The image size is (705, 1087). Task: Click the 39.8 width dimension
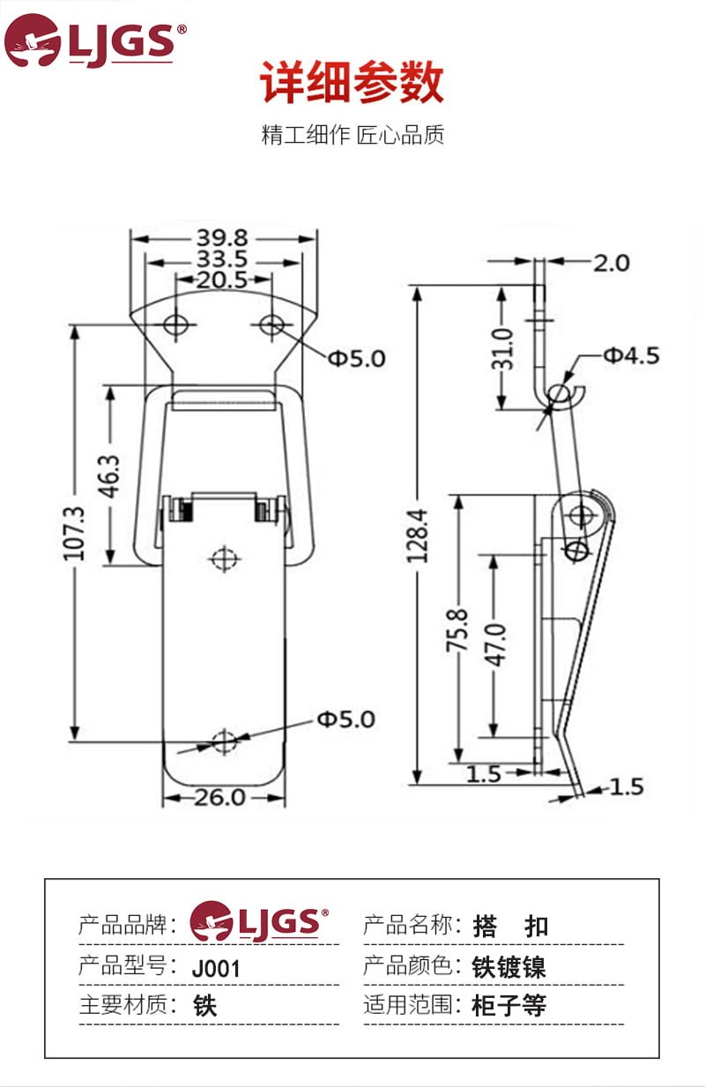click(x=222, y=238)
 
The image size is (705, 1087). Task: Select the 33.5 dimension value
click(x=222, y=260)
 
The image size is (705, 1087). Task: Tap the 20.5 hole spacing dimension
click(x=222, y=280)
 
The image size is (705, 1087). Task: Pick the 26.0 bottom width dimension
click(x=220, y=798)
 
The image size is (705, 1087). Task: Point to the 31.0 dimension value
click(x=502, y=349)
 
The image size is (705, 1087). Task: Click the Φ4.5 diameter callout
click(x=631, y=355)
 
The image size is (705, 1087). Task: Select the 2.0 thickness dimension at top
click(x=611, y=263)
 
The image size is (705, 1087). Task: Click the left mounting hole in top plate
click(x=175, y=325)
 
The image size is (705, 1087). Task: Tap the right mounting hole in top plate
click(x=271, y=325)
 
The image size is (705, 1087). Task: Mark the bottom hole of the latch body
click(x=226, y=741)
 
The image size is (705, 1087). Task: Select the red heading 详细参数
click(x=352, y=85)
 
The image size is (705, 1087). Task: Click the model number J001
click(x=216, y=968)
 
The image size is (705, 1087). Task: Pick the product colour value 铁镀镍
click(x=509, y=967)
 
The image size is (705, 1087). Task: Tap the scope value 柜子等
click(x=509, y=1006)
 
